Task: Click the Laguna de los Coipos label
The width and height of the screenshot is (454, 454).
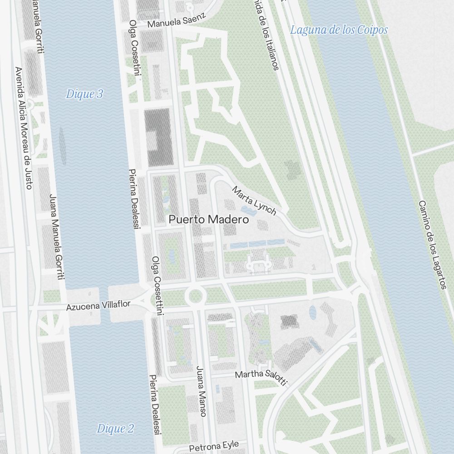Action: pos(339,30)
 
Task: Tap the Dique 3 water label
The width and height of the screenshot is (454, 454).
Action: pos(84,94)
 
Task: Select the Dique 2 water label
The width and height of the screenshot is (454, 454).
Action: pos(115,429)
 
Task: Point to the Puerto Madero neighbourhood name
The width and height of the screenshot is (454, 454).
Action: pos(209,220)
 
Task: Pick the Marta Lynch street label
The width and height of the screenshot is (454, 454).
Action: pos(254,201)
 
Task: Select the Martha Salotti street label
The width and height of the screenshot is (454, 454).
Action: pos(261,377)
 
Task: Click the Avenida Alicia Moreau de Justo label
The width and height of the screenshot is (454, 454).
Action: pos(24,128)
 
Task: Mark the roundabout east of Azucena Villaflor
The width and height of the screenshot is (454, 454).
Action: pos(195,296)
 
